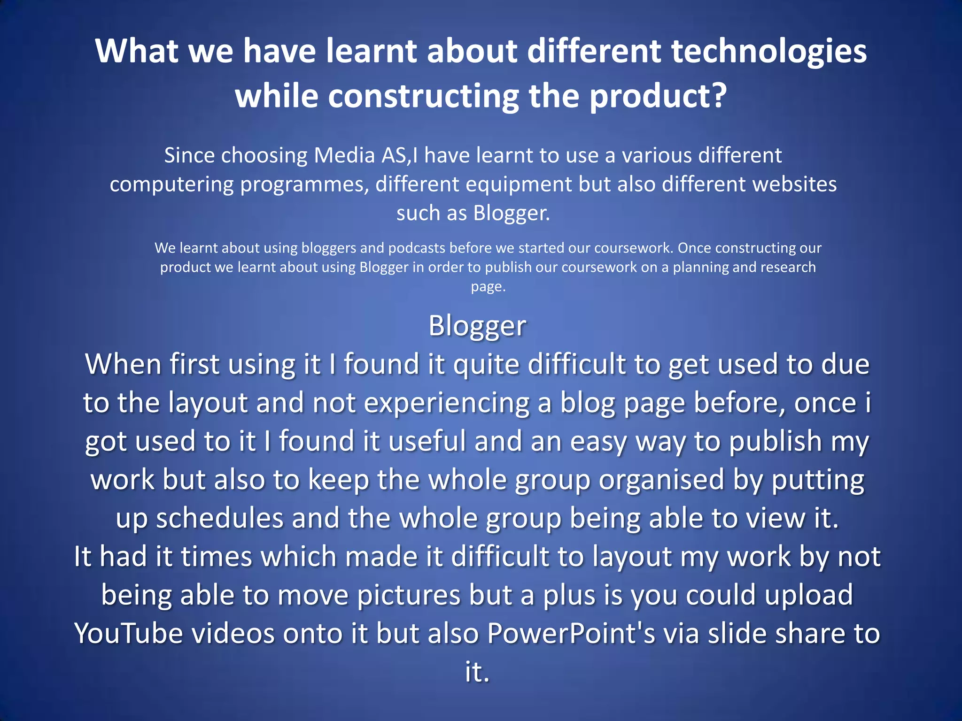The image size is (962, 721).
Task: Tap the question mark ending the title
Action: pyautogui.click(x=718, y=96)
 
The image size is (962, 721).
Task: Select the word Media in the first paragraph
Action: pyautogui.click(x=344, y=155)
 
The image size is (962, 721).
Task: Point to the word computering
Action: pyautogui.click(x=171, y=184)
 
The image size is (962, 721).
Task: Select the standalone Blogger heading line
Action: pyautogui.click(x=477, y=326)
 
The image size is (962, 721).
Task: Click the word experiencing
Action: pyautogui.click(x=446, y=403)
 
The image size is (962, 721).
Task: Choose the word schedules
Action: pyautogui.click(x=220, y=518)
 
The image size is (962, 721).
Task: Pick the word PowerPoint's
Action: pyautogui.click(x=571, y=634)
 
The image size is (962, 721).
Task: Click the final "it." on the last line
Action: pyautogui.click(x=477, y=672)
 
